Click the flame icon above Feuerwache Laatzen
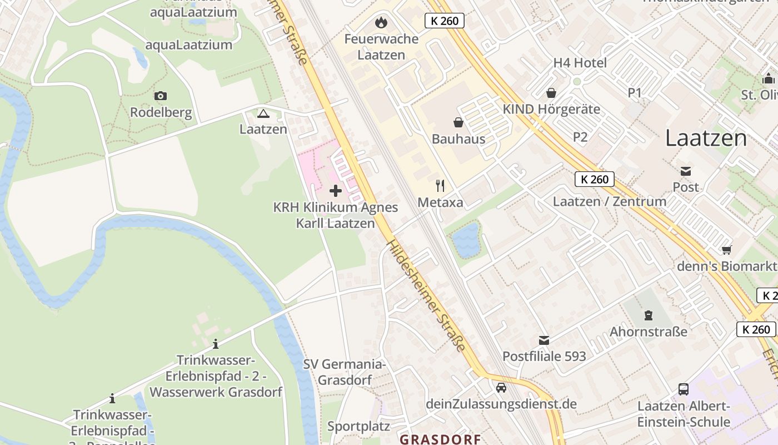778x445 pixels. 381,22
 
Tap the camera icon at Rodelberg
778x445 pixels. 161,96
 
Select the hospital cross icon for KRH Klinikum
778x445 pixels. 336,191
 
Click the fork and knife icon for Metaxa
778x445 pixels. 440,185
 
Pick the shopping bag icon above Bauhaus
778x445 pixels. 458,122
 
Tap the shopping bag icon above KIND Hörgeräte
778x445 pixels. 551,92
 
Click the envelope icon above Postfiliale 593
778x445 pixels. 544,339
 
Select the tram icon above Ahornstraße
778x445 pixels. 648,315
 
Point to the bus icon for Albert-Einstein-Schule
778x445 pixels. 684,389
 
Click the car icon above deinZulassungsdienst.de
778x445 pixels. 501,387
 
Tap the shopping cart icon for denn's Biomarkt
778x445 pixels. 726,250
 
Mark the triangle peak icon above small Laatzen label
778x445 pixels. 263,114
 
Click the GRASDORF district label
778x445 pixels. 440,439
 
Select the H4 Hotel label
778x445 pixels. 580,63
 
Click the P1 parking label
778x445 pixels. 635,93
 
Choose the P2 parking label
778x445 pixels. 580,137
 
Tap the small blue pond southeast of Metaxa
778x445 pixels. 465,240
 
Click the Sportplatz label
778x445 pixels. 358,426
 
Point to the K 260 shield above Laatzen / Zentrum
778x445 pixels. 595,179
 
